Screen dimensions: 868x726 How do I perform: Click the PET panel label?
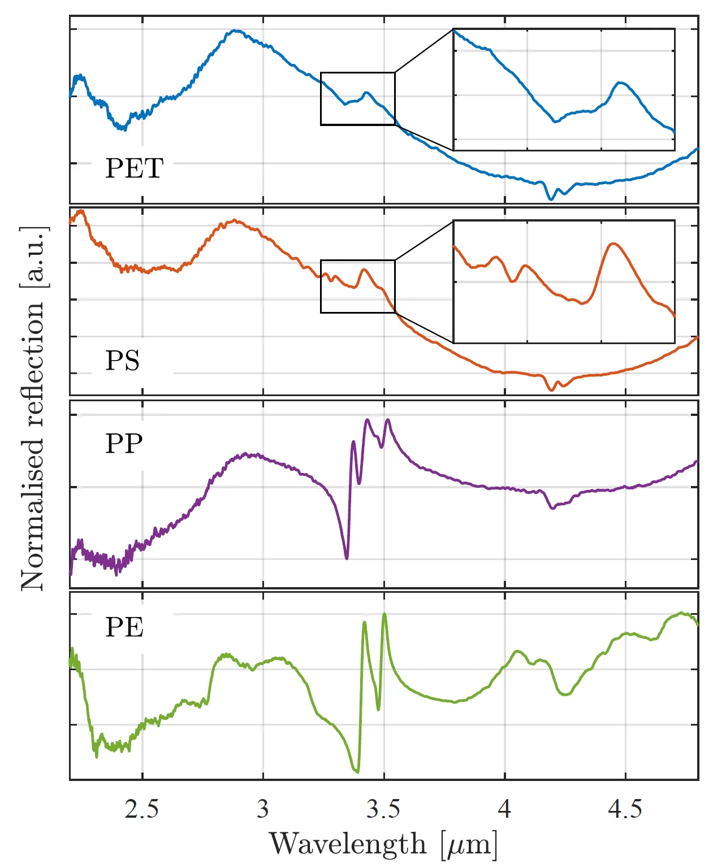tap(135, 168)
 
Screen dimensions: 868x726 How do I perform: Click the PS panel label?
tap(122, 361)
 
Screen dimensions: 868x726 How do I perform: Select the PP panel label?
tap(124, 444)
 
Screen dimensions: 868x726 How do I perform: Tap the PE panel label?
tap(124, 627)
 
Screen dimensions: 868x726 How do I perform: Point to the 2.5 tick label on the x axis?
tap(142, 809)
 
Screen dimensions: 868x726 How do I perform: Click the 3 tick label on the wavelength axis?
tap(263, 809)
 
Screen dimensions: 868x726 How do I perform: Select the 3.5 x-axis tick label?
tap(383, 809)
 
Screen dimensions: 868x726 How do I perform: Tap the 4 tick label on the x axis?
tap(504, 809)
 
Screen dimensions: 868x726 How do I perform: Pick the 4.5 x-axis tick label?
tap(625, 809)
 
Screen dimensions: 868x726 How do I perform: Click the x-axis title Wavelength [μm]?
tap(383, 844)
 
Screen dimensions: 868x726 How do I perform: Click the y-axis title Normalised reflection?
tap(33, 408)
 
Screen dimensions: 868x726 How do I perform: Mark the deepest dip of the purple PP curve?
tap(347, 558)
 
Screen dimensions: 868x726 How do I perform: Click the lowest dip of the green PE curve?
tap(357, 771)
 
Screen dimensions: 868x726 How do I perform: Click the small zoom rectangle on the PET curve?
tap(357, 98)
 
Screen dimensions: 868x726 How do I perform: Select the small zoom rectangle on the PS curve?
tap(357, 286)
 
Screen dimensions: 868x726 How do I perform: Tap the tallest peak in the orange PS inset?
tap(613, 244)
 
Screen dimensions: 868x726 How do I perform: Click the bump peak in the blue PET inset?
tap(621, 83)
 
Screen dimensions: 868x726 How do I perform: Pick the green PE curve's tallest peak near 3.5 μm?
tap(384, 614)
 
